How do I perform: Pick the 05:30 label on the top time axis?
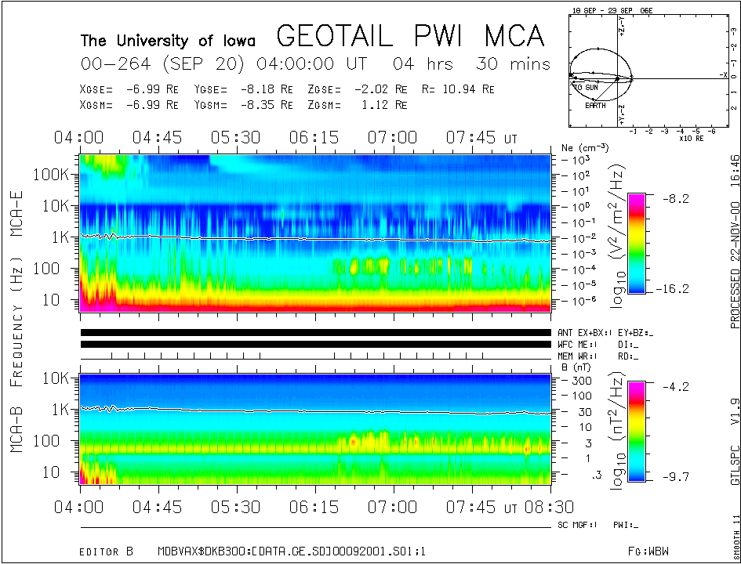click(x=236, y=138)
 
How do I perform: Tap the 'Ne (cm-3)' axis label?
click(x=579, y=146)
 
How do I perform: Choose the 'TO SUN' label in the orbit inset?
click(x=586, y=86)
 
